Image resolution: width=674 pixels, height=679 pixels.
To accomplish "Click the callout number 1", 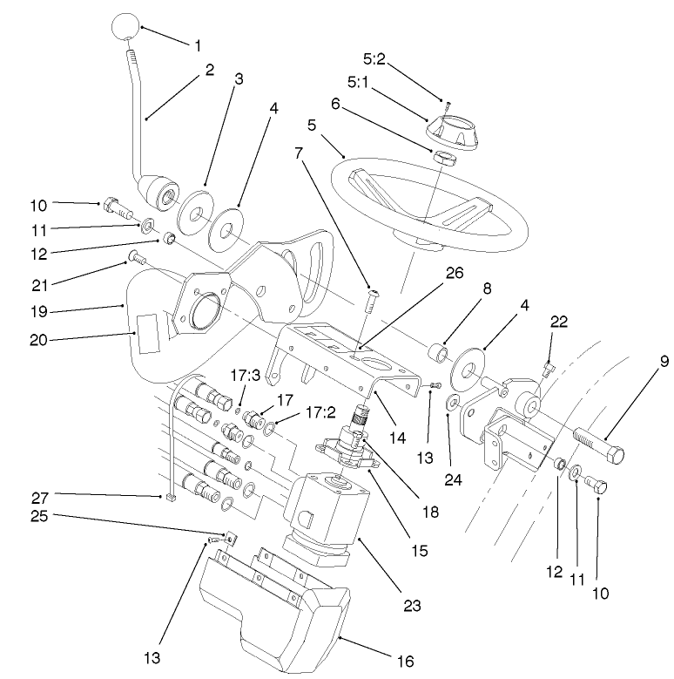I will click(x=198, y=43).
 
